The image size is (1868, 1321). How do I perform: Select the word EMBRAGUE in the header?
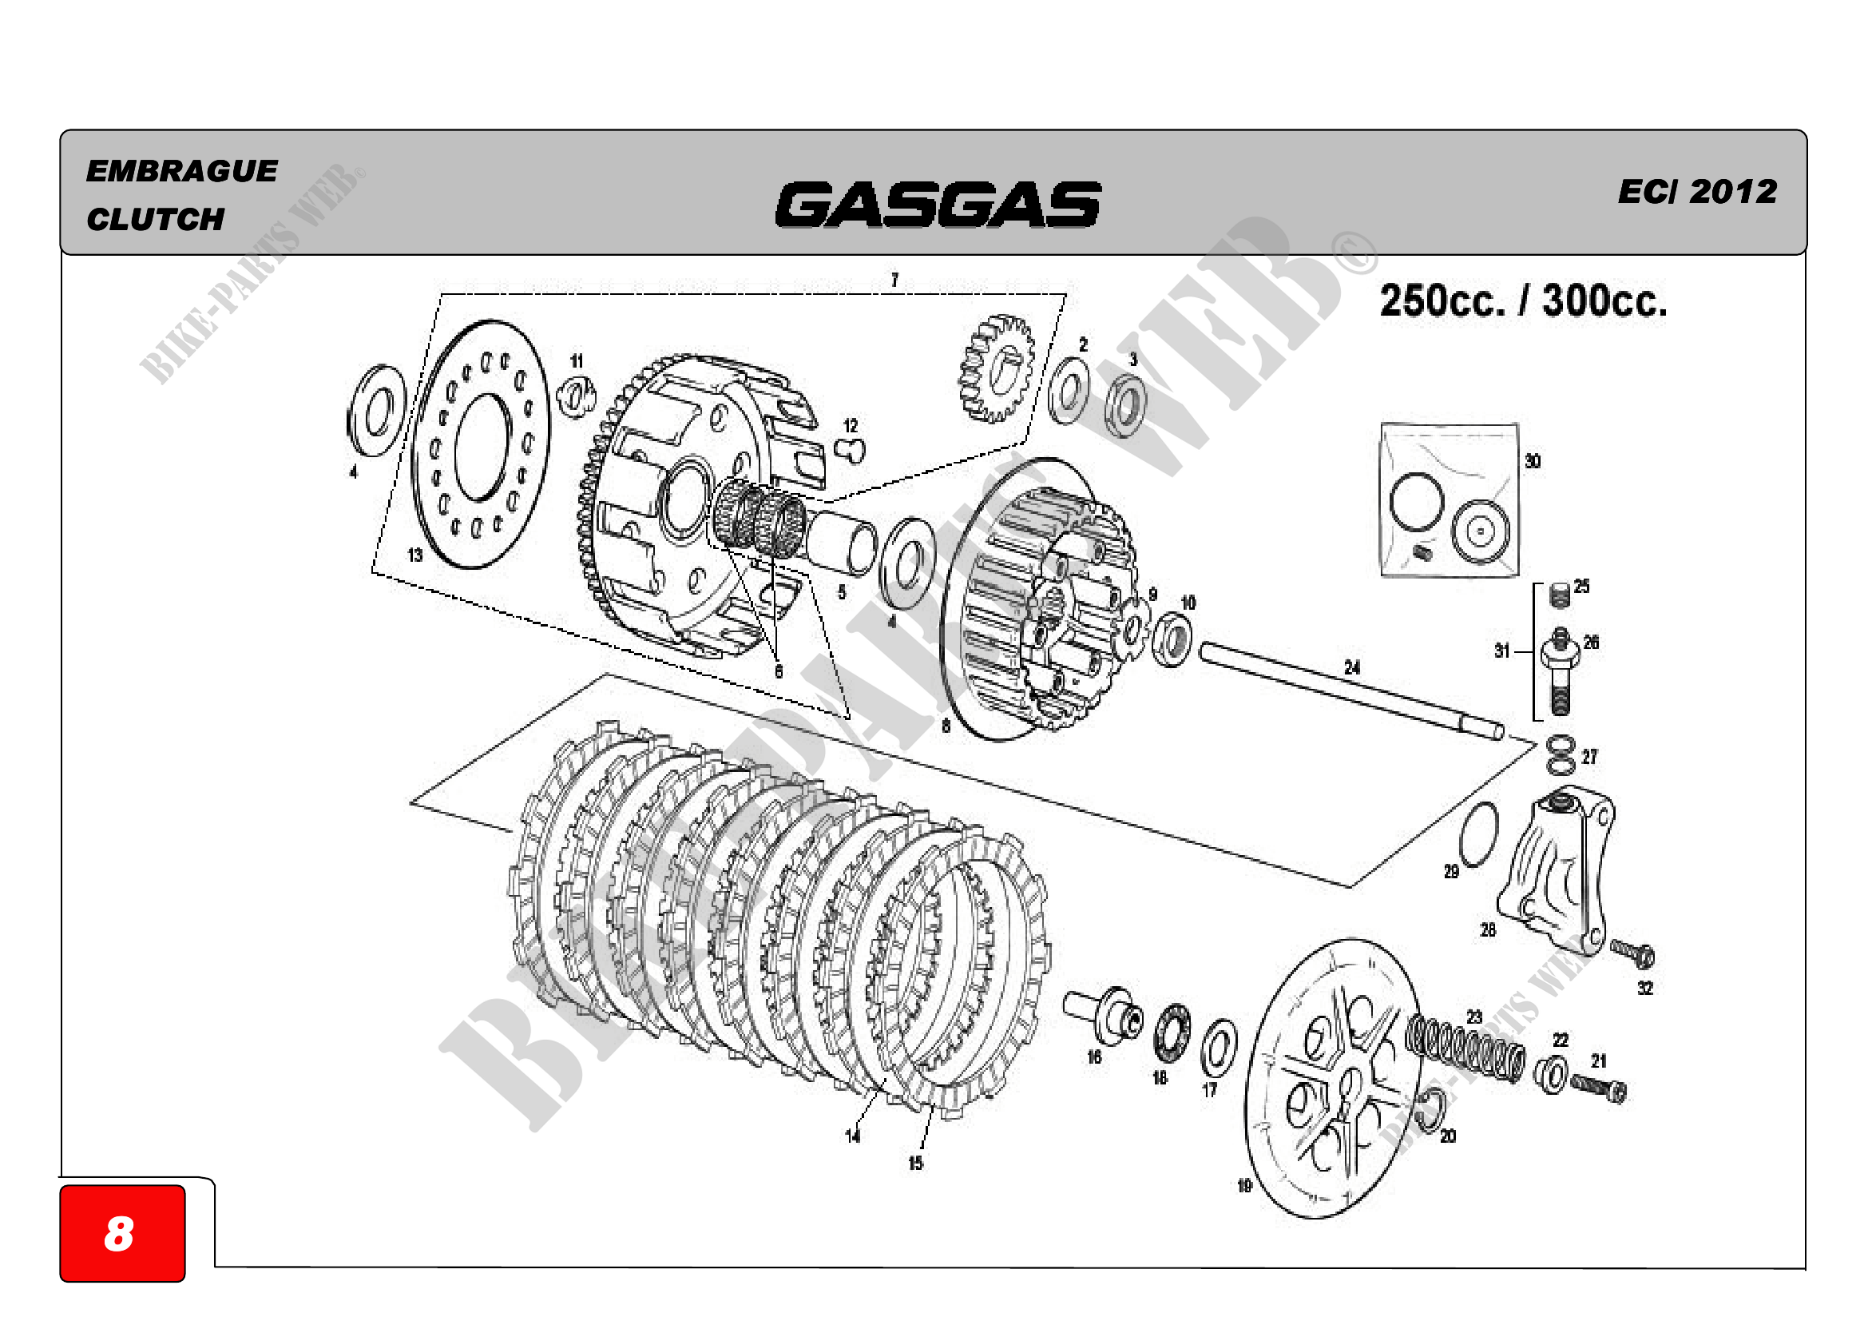pos(181,171)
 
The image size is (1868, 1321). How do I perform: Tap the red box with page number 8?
pos(122,1232)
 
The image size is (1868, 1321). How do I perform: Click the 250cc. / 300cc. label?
pos(1522,300)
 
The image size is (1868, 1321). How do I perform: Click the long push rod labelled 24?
pos(1350,691)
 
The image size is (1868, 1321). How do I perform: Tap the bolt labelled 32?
pos(1632,953)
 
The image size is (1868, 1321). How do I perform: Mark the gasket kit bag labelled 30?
pos(1449,499)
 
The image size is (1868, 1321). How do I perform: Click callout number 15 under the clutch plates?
pos(915,1163)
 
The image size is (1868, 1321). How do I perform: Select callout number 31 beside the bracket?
pos(1502,651)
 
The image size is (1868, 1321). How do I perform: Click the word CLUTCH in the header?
pos(156,219)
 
